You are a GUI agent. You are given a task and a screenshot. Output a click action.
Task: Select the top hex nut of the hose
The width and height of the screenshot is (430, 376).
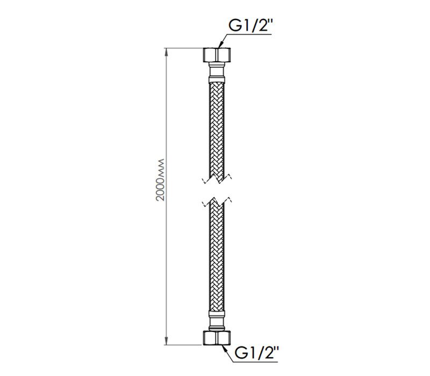click(217, 55)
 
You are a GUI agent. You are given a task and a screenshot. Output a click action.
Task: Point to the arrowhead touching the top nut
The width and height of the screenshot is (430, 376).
click(220, 46)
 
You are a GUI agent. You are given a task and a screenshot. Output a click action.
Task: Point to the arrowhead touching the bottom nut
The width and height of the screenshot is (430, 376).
click(223, 348)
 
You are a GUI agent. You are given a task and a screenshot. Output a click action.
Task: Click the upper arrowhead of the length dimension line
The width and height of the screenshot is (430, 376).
click(166, 53)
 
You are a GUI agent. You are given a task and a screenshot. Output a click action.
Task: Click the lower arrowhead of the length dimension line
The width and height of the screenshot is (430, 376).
click(166, 341)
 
